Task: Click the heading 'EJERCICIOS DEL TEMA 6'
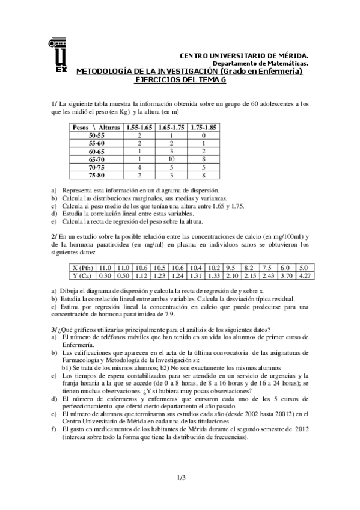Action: pyautogui.click(x=180, y=79)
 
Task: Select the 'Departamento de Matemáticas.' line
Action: pyautogui.click(x=260, y=63)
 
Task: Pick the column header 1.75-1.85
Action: pyautogui.click(x=204, y=127)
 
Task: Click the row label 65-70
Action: pyautogui.click(x=96, y=159)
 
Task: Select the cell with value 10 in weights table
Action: pyautogui.click(x=171, y=159)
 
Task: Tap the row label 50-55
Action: pyautogui.click(x=96, y=136)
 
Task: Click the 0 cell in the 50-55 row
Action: pyautogui.click(x=204, y=136)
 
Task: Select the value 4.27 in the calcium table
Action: pyautogui.click(x=304, y=275)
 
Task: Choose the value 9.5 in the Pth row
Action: pyautogui.click(x=231, y=268)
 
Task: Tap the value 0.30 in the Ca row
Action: pyautogui.click(x=106, y=275)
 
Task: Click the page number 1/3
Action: pyautogui.click(x=181, y=478)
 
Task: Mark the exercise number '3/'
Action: pyautogui.click(x=54, y=330)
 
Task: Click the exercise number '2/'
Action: pyautogui.click(x=54, y=237)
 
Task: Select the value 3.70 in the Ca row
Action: pyautogui.click(x=285, y=275)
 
